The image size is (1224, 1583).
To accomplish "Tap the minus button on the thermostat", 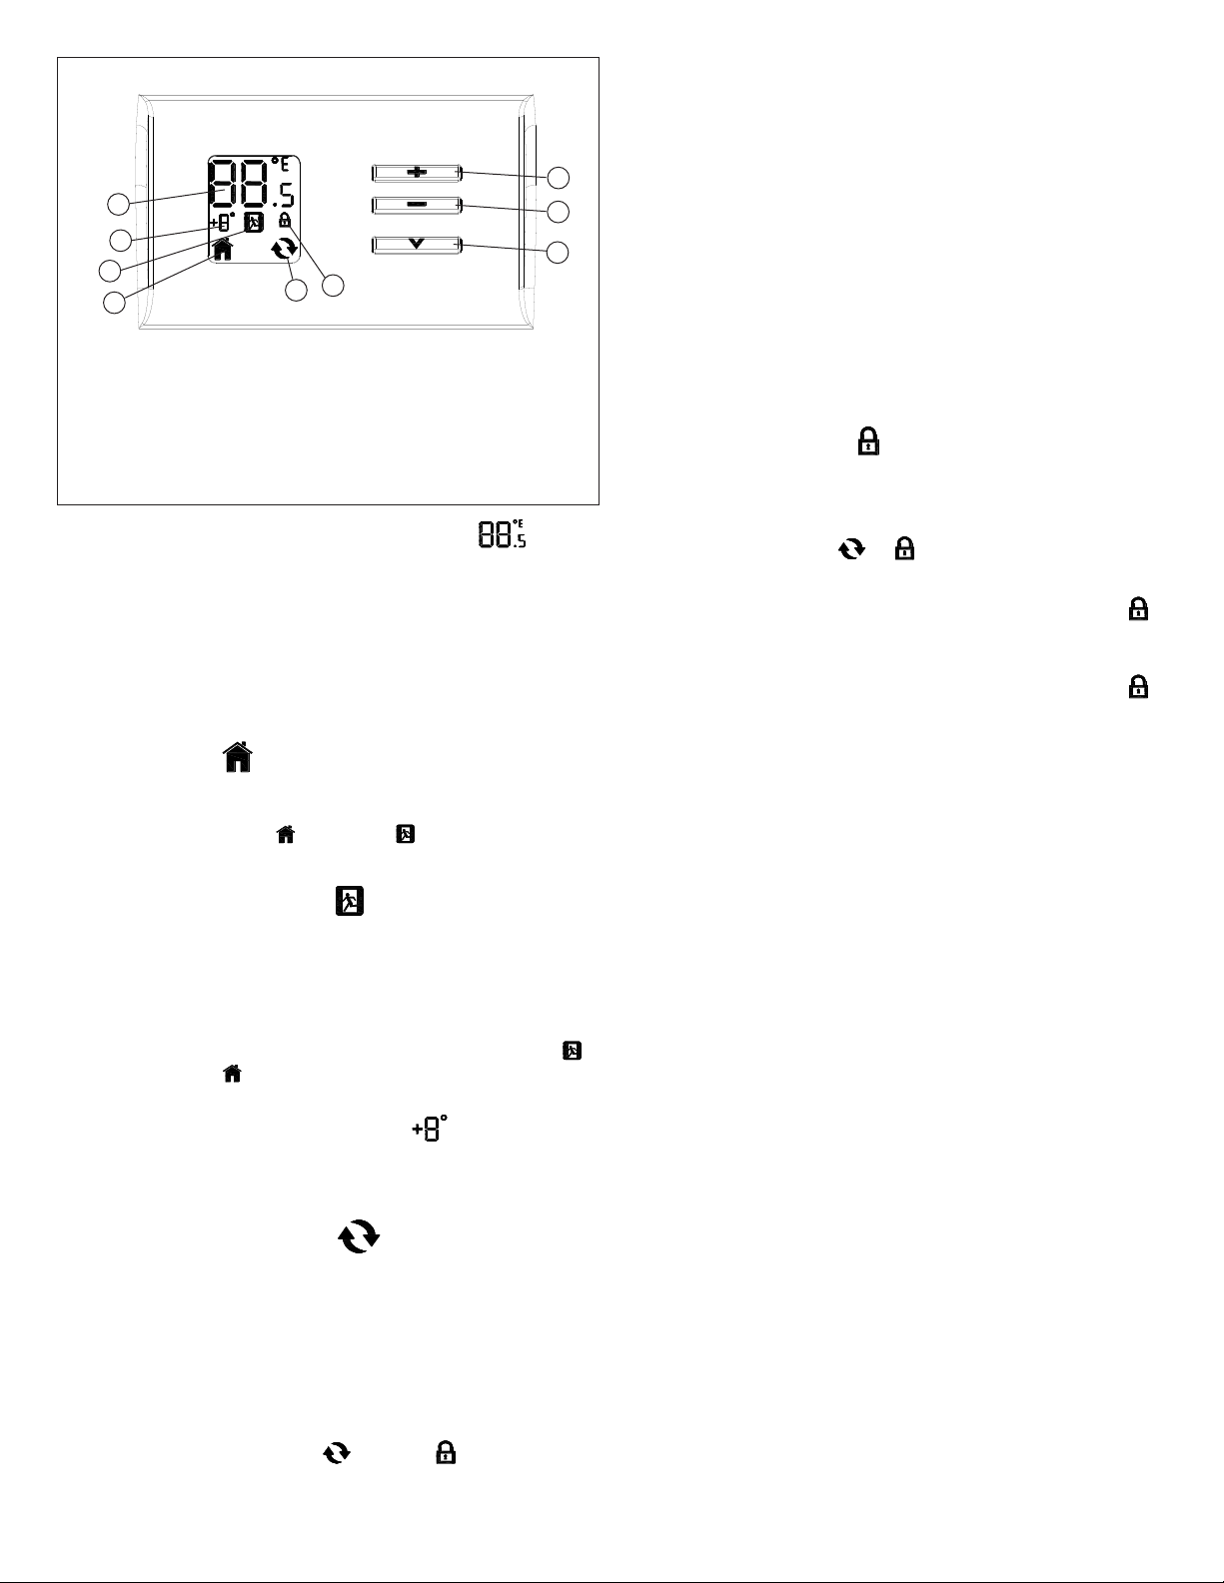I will pos(417,205).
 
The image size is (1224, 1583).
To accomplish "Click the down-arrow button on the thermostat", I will pos(417,244).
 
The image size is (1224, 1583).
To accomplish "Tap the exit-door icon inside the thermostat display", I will pos(254,222).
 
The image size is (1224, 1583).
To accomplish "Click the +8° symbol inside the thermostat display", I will pos(223,222).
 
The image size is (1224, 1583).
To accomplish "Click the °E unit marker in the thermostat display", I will pos(279,165).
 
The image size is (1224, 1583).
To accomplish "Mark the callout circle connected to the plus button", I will pos(560,178).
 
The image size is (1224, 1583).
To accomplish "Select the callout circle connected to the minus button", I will pos(560,212).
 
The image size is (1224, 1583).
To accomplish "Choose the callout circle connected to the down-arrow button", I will pos(560,252).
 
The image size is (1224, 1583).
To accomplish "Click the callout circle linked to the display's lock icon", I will pos(333,286).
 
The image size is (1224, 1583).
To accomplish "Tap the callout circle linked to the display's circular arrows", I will pos(296,291).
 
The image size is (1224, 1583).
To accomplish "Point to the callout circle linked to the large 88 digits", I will pos(119,204).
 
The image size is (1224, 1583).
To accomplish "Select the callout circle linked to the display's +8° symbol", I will pos(121,240).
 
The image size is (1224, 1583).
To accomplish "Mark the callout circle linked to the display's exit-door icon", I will pos(110,271).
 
